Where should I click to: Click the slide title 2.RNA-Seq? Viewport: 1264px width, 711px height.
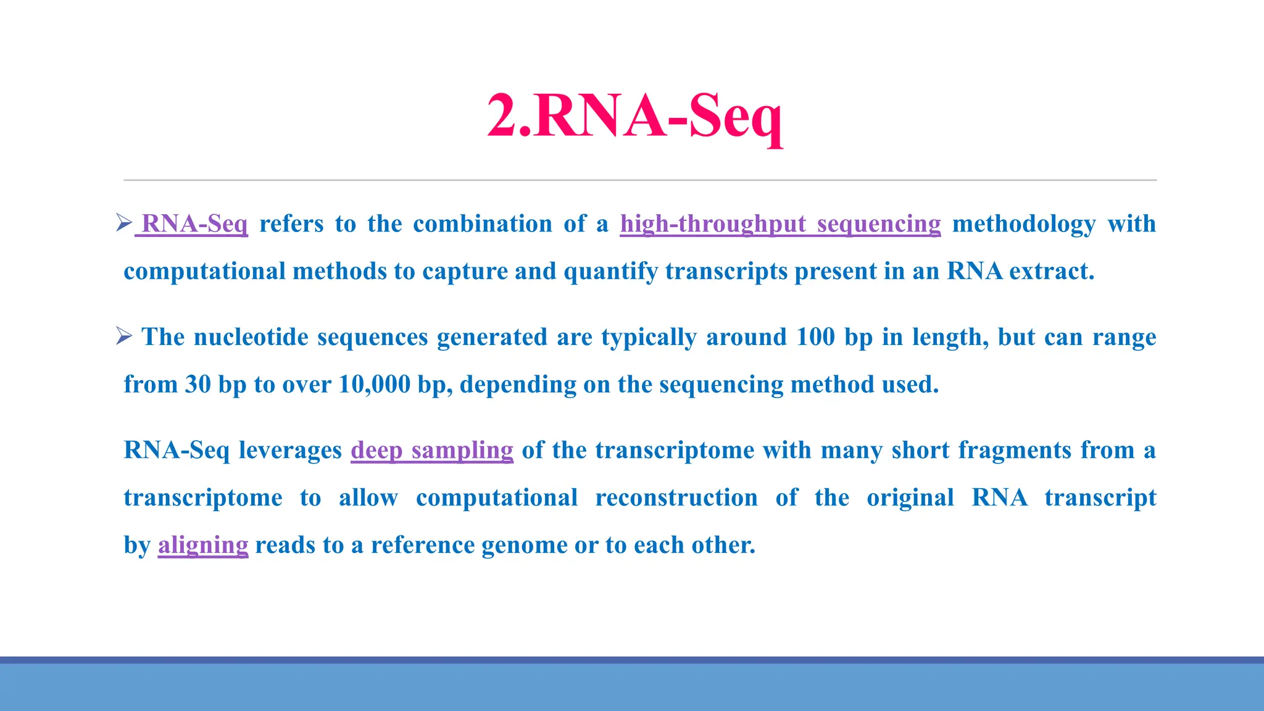pyautogui.click(x=634, y=117)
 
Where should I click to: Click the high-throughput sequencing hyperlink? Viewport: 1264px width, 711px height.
pyautogui.click(x=780, y=223)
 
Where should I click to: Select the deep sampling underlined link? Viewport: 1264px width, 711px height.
pyautogui.click(x=431, y=450)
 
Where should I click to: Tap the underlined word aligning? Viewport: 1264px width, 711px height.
pyautogui.click(x=203, y=545)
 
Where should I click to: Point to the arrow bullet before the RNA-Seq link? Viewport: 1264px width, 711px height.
pyautogui.click(x=123, y=222)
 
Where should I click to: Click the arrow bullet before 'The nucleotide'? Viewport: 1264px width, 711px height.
pyautogui.click(x=123, y=336)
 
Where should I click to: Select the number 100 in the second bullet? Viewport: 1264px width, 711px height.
pyautogui.click(x=815, y=337)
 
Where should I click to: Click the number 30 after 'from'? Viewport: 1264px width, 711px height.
pyautogui.click(x=198, y=385)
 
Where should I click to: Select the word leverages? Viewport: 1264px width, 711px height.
pyautogui.click(x=290, y=450)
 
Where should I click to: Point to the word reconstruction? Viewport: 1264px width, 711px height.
pyautogui.click(x=676, y=497)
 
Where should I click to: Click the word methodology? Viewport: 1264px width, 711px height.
pyautogui.click(x=1024, y=223)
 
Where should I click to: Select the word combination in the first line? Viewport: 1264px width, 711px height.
pyautogui.click(x=483, y=223)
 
